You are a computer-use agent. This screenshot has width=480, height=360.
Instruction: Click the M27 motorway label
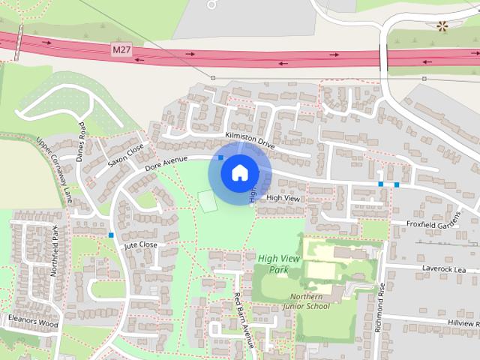121,49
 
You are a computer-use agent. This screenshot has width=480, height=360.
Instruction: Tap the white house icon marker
238,172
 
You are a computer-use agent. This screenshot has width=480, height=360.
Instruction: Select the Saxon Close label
124,155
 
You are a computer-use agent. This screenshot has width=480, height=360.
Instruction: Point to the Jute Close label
140,245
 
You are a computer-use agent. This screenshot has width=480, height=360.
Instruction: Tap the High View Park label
273,263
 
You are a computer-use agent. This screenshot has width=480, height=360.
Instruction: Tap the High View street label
283,198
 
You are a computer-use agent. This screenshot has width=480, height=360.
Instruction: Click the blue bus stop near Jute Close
111,235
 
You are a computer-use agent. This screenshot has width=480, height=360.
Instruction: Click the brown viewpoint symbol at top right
442,26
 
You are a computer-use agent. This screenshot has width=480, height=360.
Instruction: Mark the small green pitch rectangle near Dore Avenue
207,200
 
